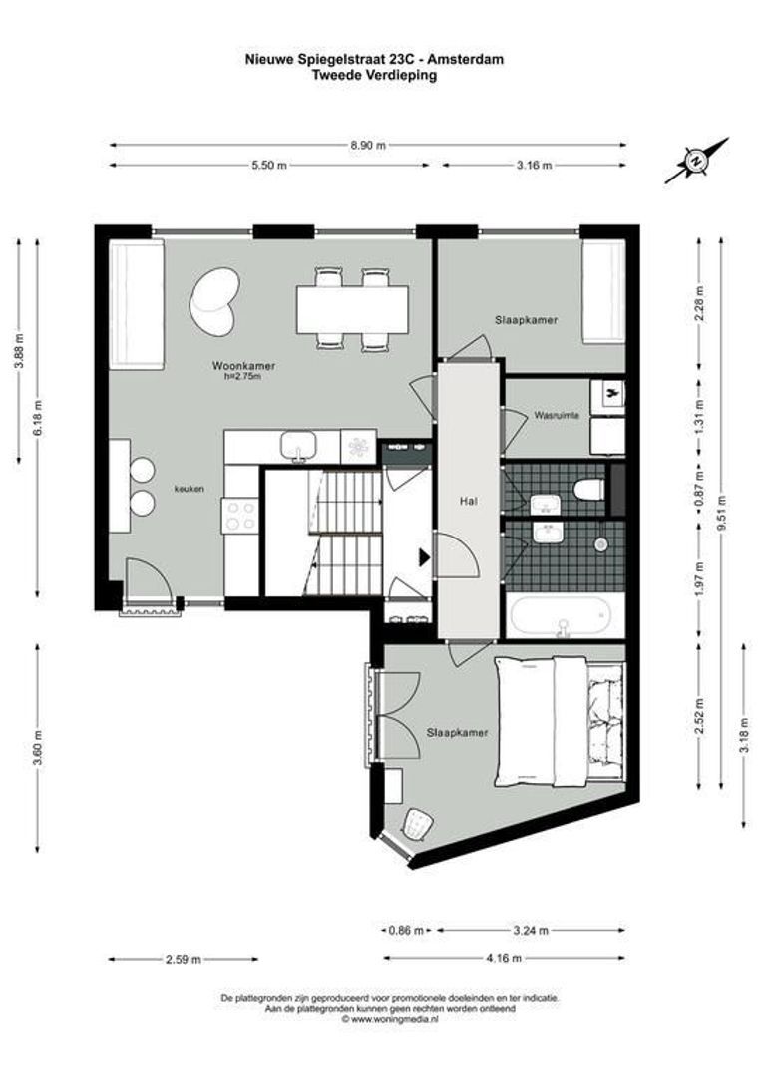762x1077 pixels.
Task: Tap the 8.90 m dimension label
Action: [x=367, y=145]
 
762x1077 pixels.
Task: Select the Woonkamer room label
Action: [x=243, y=366]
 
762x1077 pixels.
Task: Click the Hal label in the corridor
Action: [x=467, y=501]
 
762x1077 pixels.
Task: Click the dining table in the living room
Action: [x=351, y=309]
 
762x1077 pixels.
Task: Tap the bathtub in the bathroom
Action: [x=566, y=616]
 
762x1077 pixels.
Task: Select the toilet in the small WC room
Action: [x=589, y=489]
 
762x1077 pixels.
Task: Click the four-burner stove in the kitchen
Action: [x=240, y=516]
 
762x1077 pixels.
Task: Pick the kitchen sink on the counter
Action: [x=298, y=447]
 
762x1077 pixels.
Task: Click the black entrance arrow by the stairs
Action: [x=424, y=556]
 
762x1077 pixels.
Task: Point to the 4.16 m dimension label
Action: [x=505, y=959]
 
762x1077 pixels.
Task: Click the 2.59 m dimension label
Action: [x=184, y=959]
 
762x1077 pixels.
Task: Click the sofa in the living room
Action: [x=136, y=303]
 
